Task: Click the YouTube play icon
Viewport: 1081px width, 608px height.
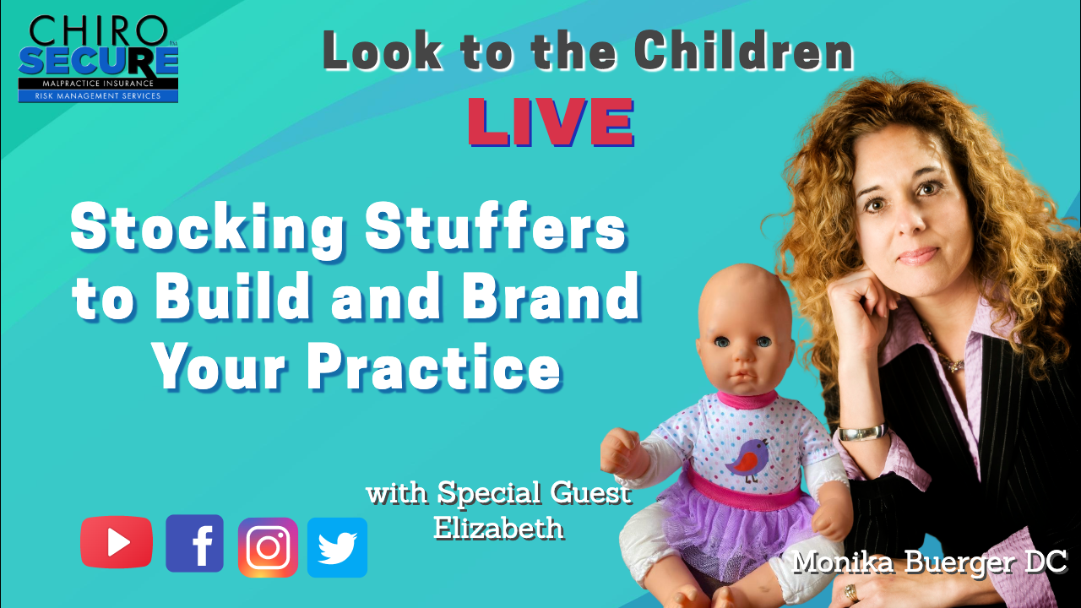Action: pos(117,542)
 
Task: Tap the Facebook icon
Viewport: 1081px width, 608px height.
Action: pos(194,543)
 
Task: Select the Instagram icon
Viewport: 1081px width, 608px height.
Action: pos(268,548)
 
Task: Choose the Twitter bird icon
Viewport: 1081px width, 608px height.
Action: pos(337,548)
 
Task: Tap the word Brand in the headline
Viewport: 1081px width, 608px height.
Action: pos(551,296)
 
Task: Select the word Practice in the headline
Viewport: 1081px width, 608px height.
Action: pos(433,366)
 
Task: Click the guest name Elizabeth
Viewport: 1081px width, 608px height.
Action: pos(498,528)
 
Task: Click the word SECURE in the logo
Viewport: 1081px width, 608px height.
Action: pos(99,62)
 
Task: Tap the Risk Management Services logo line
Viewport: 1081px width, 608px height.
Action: pos(98,96)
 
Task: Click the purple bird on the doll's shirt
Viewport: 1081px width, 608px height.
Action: pos(747,459)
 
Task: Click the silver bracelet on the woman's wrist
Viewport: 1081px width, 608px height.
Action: pos(862,432)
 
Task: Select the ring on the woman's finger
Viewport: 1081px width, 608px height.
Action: pos(851,592)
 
